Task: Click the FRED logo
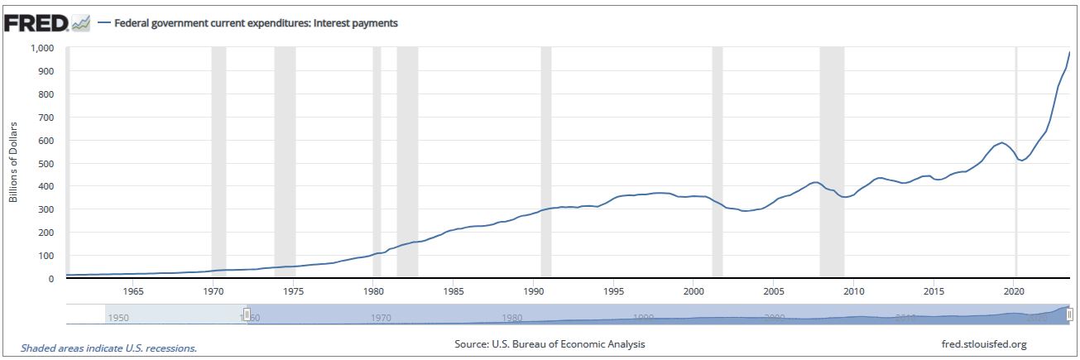click(x=36, y=23)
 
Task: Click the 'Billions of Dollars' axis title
click(x=14, y=162)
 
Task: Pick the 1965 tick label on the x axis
click(x=132, y=291)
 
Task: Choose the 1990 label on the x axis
click(x=533, y=291)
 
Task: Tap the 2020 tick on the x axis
click(x=1014, y=291)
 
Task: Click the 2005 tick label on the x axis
click(x=773, y=291)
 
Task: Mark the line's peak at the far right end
click(x=1069, y=53)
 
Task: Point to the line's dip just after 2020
click(x=1022, y=161)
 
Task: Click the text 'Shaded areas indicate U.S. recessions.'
click(x=108, y=348)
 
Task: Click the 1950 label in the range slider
click(x=118, y=318)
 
